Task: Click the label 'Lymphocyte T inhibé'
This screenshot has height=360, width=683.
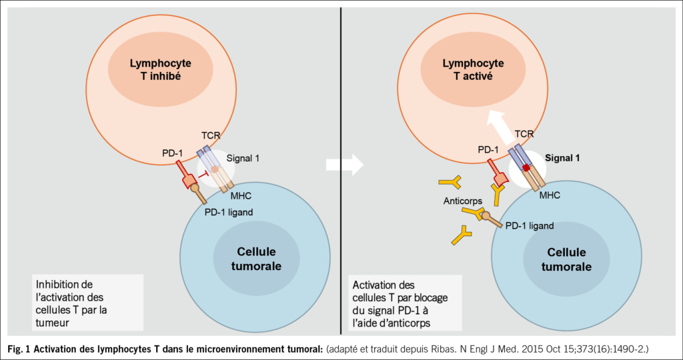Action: pos(160,69)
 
